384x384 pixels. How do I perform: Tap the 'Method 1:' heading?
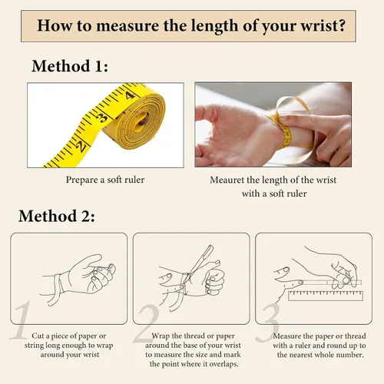(70, 66)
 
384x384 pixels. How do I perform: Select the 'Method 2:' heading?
(57, 216)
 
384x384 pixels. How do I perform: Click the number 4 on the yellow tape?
(131, 95)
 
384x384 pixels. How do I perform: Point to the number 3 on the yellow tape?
(102, 118)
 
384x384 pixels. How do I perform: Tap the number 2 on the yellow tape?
(81, 147)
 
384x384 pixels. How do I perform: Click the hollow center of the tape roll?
(141, 120)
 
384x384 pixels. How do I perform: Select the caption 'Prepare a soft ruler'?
(105, 180)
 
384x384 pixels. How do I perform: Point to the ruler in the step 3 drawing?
(326, 296)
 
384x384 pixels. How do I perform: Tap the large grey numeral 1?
(22, 320)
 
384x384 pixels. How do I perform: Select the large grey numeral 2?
(146, 324)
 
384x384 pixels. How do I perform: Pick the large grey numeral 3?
(269, 323)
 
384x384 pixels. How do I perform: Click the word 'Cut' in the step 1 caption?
(38, 336)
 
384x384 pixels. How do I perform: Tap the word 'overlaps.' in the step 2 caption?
(224, 364)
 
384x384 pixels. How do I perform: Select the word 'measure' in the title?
(127, 26)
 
